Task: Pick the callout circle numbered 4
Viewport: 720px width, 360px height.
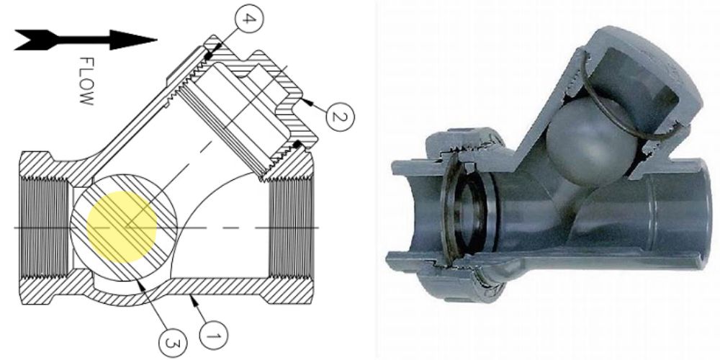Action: click(x=247, y=19)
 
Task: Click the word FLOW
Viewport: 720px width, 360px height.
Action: click(x=86, y=81)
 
